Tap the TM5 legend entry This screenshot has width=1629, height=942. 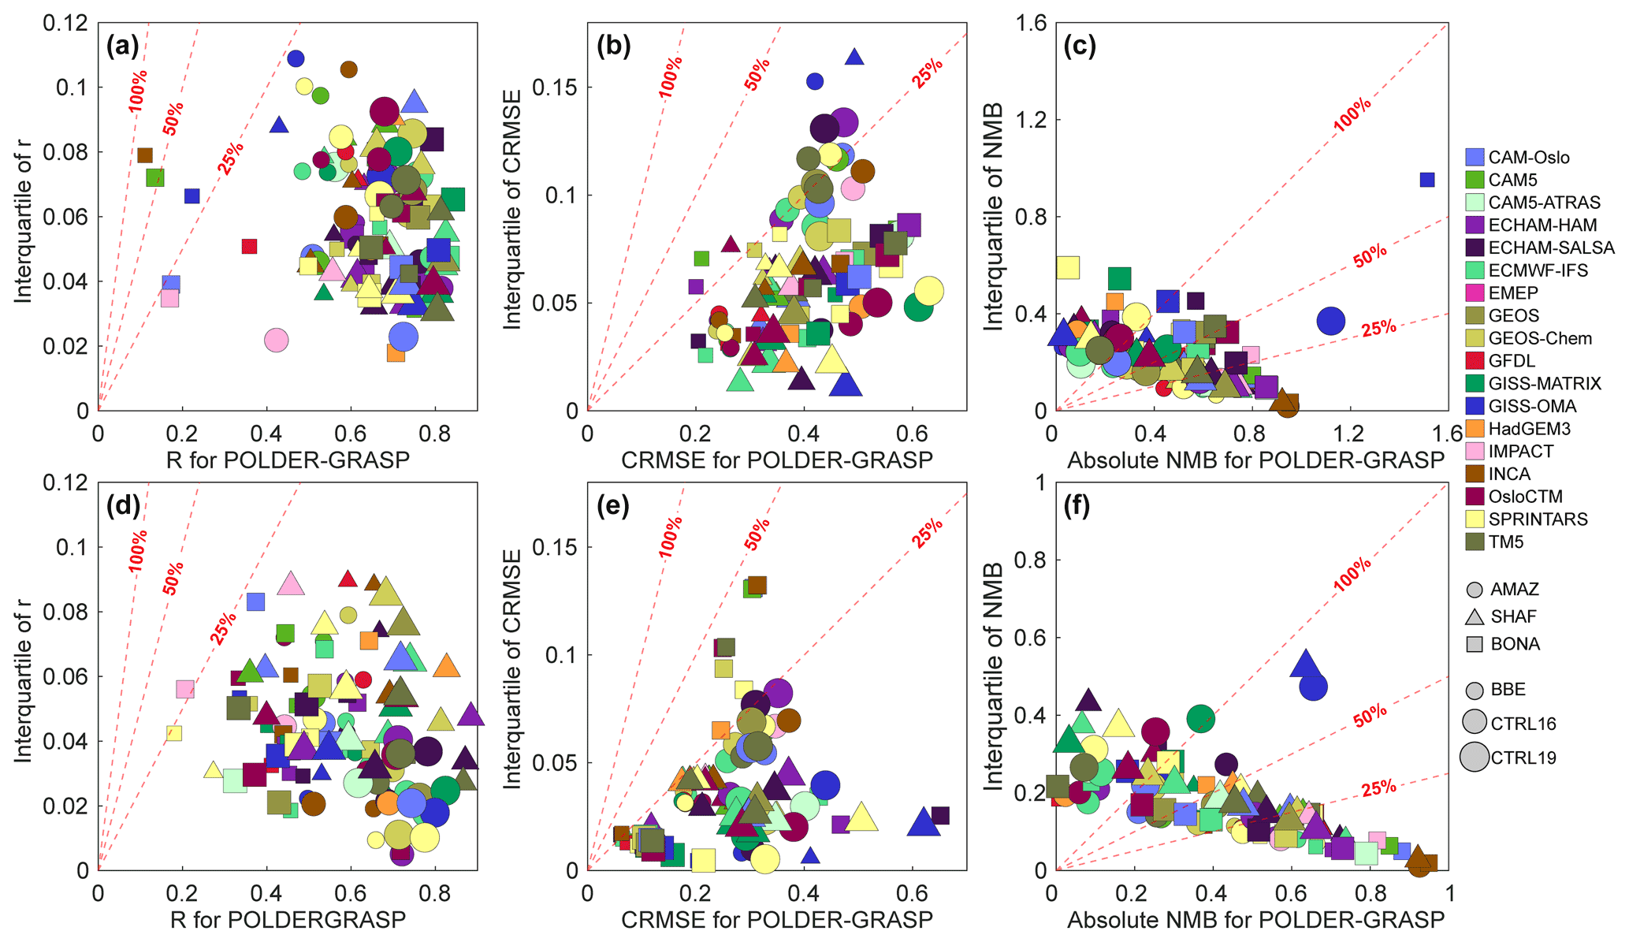[x=1505, y=542]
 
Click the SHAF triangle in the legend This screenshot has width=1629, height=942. [x=1475, y=616]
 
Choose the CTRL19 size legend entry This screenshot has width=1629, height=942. [x=1475, y=758]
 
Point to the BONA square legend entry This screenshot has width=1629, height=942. [x=1475, y=644]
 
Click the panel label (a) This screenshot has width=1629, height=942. [x=123, y=47]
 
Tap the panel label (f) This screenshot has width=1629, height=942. [x=1077, y=506]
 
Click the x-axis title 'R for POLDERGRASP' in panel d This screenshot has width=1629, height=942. [x=288, y=919]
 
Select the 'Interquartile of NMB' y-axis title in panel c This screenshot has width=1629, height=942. [x=994, y=217]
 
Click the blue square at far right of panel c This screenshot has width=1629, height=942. [x=1427, y=180]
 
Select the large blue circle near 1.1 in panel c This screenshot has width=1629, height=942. [x=1331, y=321]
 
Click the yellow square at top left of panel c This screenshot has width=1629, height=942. [x=1068, y=267]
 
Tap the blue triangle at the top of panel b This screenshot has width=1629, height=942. [x=855, y=57]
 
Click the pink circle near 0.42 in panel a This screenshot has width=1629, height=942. [x=276, y=341]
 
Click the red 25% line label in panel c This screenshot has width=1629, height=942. [x=1378, y=328]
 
